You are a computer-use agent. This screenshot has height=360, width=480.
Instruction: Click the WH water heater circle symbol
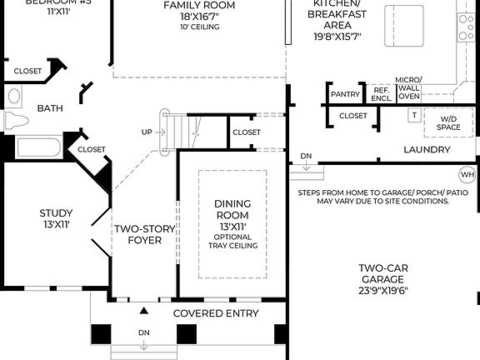click(x=466, y=175)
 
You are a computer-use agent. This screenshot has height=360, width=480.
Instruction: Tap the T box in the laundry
click(x=413, y=116)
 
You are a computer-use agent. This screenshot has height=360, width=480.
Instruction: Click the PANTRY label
click(x=345, y=94)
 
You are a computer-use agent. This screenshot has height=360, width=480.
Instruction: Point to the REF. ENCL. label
click(x=382, y=94)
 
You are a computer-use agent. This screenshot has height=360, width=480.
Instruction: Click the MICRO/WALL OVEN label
click(x=409, y=87)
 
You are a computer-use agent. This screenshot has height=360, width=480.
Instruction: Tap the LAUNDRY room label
click(x=427, y=150)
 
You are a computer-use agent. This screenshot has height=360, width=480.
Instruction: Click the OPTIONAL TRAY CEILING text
click(x=232, y=242)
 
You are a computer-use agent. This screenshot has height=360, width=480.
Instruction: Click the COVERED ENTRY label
click(x=216, y=313)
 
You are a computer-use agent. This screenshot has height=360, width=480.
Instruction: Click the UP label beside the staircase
click(x=147, y=132)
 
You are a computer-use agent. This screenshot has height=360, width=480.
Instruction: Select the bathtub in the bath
click(x=38, y=148)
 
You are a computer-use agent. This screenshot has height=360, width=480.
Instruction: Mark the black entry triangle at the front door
click(x=144, y=311)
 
